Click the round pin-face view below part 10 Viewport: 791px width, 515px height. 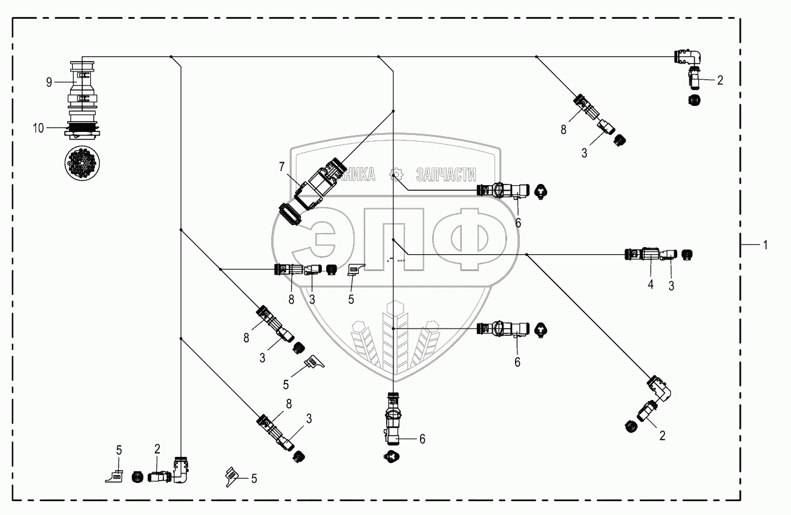[82, 160]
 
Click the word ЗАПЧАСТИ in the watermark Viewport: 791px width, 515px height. [446, 175]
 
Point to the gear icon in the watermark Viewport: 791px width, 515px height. [396, 174]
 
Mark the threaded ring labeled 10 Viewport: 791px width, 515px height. [82, 128]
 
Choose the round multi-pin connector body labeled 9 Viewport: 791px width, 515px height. [82, 85]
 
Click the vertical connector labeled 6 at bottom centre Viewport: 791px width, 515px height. [392, 424]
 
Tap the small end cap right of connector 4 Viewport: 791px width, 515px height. [688, 254]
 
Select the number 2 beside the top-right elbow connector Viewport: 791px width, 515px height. [720, 80]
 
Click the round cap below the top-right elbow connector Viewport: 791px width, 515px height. [694, 99]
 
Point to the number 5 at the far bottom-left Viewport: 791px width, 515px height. [119, 449]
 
